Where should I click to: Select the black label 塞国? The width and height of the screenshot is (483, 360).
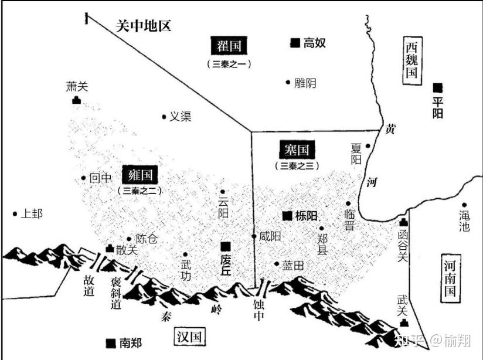[297, 149]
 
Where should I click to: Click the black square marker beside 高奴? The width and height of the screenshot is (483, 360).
[295, 42]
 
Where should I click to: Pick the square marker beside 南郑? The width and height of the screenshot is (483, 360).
[110, 342]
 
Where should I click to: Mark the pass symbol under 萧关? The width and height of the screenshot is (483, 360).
[76, 100]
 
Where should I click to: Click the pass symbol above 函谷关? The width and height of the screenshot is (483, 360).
[403, 222]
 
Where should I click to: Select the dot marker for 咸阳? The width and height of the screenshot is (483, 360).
[254, 236]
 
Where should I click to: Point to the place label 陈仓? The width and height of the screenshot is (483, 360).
[147, 239]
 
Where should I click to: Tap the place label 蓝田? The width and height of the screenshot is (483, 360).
[293, 265]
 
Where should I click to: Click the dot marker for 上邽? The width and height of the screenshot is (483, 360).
[15, 214]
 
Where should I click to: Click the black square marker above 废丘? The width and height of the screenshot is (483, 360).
[225, 246]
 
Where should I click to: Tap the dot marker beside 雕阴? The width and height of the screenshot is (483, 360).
[288, 83]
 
